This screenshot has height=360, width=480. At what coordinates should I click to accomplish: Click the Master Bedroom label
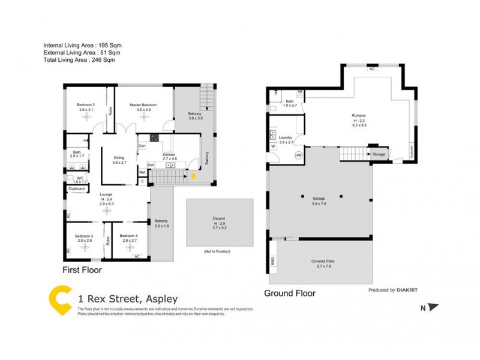pyautogui.click(x=143, y=105)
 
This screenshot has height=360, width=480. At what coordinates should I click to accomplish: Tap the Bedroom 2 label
pyautogui.click(x=86, y=105)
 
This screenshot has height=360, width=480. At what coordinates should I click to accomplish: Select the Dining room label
pyautogui.click(x=119, y=158)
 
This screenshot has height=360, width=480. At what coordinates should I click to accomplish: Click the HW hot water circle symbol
pyautogui.click(x=298, y=155)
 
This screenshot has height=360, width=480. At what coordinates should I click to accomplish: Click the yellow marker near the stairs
pyautogui.click(x=193, y=176)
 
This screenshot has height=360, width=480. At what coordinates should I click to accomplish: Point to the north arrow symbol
pyautogui.click(x=434, y=307)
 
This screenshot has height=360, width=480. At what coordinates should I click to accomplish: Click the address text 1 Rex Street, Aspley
pyautogui.click(x=128, y=299)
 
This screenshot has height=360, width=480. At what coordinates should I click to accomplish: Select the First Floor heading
pyautogui.click(x=82, y=271)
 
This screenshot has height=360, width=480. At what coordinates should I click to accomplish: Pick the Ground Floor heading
pyautogui.click(x=290, y=293)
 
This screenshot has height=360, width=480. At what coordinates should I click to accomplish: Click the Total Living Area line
pyautogui.click(x=79, y=60)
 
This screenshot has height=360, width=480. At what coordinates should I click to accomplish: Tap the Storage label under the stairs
pyautogui.click(x=379, y=154)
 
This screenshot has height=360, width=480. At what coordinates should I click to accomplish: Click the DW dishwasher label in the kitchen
pyautogui.click(x=151, y=164)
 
